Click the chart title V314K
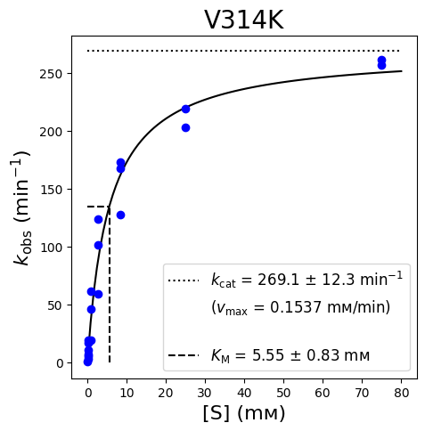(x=244, y=20)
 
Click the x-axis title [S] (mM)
(x=244, y=413)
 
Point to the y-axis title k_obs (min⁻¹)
(x=22, y=207)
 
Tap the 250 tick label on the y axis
(x=51, y=74)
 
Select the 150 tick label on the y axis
(x=51, y=190)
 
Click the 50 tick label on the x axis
(x=283, y=393)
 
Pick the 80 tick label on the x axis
(x=401, y=393)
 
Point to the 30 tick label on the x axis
(x=205, y=393)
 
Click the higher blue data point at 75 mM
(x=381, y=60)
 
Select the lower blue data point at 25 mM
(x=185, y=128)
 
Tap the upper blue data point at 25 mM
(x=185, y=110)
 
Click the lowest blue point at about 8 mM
(x=120, y=215)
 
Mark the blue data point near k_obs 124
(x=98, y=220)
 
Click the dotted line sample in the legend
(x=184, y=281)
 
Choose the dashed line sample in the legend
(x=184, y=355)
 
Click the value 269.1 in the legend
(x=278, y=280)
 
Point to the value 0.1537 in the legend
(x=296, y=307)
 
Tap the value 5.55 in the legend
(x=268, y=355)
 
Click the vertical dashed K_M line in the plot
(x=110, y=284)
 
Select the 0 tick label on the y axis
(x=60, y=363)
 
